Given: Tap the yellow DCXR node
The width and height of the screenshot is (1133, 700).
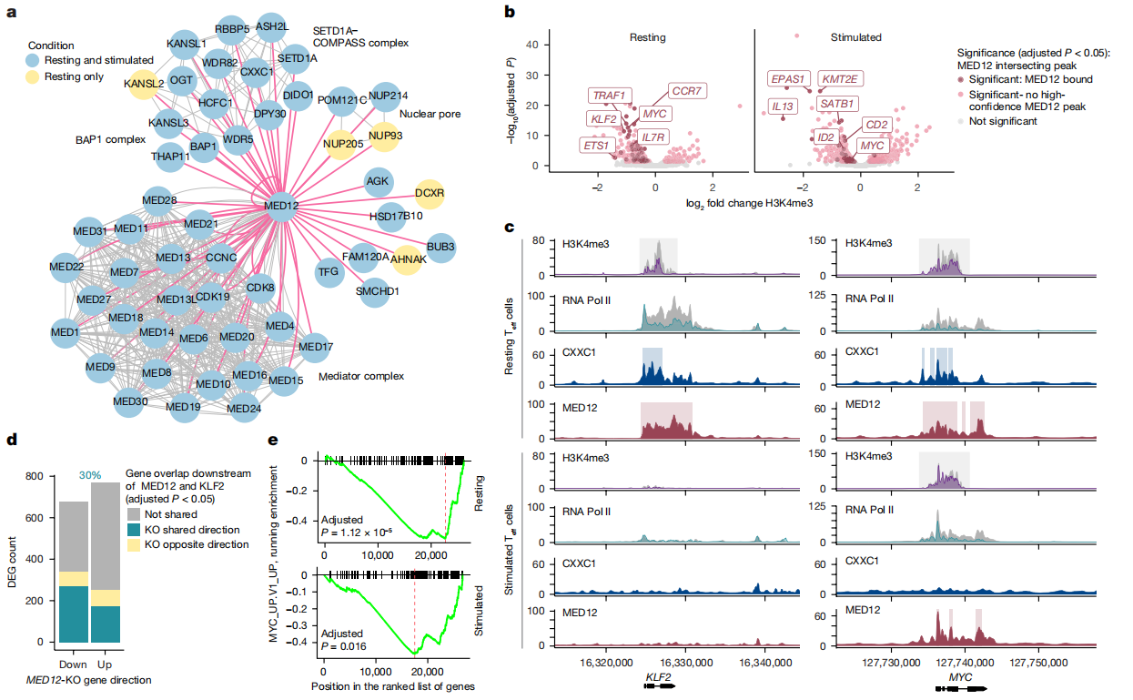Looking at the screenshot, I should [429, 193].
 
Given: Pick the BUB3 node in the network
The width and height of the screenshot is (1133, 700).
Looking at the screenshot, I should [440, 247].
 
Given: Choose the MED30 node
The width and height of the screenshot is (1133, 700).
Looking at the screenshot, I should [130, 401].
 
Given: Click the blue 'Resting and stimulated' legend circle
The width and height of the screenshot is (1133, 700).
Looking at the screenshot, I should [34, 60].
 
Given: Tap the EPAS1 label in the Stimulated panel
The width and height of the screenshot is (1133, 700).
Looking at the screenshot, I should [790, 79].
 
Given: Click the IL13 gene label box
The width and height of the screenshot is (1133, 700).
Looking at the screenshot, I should [783, 107].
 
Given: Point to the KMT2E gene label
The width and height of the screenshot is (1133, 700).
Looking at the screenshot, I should [838, 79].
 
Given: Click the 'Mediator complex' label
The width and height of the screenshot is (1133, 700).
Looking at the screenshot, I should [359, 376].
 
